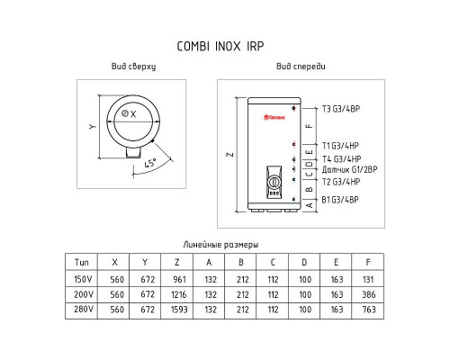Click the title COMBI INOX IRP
click(x=220, y=47)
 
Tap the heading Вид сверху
click(x=133, y=67)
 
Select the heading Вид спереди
click(x=301, y=67)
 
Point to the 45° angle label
click(x=150, y=163)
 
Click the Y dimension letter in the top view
click(x=93, y=127)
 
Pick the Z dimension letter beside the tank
click(x=230, y=155)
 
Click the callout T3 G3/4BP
click(x=341, y=109)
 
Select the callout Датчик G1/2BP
click(x=349, y=170)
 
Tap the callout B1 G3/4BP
click(x=340, y=200)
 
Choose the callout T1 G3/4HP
click(x=340, y=146)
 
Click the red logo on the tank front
click(x=274, y=117)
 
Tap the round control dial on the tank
click(x=274, y=182)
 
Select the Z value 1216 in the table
click(x=179, y=294)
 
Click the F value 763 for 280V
click(x=369, y=310)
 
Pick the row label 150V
click(x=83, y=279)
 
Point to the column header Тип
click(x=82, y=263)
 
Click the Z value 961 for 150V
click(x=179, y=280)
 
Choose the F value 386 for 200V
click(x=369, y=294)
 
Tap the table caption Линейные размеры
click(x=220, y=245)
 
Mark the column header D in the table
click(x=304, y=263)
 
